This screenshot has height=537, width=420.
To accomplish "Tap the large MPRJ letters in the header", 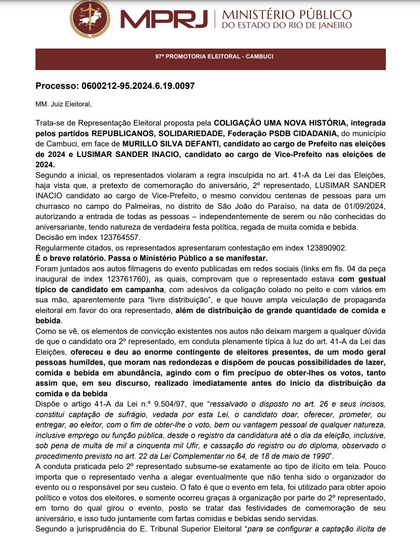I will (164, 19).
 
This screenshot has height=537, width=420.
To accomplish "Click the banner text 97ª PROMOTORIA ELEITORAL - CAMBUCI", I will (214, 56).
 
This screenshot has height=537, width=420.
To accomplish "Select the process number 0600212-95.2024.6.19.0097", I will (138, 86).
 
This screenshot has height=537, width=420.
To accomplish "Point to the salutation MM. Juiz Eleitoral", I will (63, 104).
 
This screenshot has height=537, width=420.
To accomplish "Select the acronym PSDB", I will (280, 133).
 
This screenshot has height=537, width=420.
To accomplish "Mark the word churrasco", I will (52, 206).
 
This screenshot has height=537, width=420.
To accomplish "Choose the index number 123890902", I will (325, 248).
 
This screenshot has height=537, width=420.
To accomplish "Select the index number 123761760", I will (127, 279).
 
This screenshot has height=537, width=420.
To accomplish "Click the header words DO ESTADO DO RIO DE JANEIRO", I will (287, 25).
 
